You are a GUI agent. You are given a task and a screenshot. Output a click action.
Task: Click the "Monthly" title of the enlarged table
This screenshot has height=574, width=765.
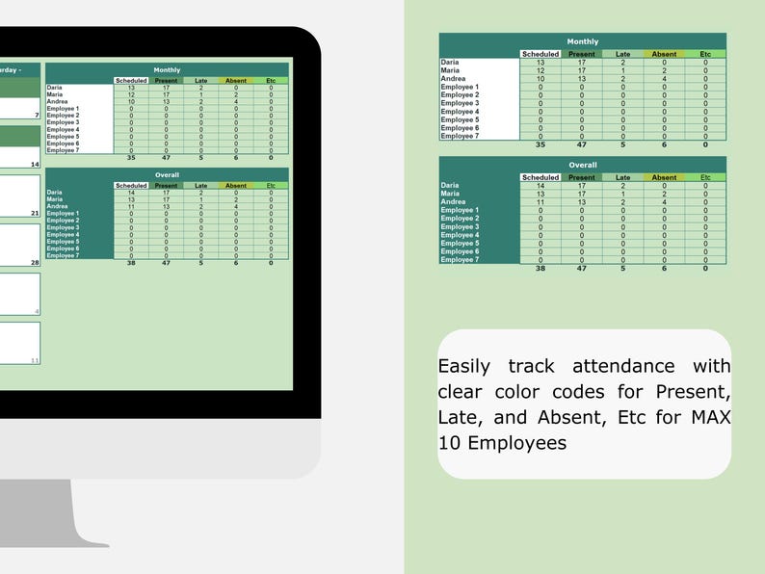click(582, 42)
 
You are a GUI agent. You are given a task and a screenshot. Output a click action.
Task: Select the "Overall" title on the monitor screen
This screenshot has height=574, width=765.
click(167, 175)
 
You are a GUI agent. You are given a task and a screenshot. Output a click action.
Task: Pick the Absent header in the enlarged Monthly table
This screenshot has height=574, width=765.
click(664, 54)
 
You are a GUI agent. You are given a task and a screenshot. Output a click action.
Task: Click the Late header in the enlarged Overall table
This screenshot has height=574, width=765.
click(623, 177)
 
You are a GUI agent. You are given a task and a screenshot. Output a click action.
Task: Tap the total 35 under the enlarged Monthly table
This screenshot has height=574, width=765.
click(541, 144)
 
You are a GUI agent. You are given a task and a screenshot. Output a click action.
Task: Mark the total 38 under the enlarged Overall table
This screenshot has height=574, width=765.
click(541, 268)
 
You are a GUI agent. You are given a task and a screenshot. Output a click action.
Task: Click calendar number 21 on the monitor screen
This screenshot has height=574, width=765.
click(35, 213)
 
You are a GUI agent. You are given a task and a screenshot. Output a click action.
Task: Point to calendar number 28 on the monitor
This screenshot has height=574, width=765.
click(35, 262)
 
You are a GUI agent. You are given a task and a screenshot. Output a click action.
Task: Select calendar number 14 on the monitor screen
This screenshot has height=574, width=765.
click(35, 165)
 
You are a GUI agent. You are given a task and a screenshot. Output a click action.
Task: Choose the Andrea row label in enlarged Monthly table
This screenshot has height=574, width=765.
click(453, 79)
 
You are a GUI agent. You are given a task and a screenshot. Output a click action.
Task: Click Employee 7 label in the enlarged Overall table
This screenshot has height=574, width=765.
click(460, 260)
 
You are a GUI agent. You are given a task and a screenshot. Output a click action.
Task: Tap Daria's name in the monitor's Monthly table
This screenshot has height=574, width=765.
click(55, 88)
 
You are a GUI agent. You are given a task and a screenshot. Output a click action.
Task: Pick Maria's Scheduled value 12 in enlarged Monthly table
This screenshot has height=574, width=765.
click(541, 70)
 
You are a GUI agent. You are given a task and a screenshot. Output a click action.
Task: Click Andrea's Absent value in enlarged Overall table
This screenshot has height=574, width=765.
click(664, 202)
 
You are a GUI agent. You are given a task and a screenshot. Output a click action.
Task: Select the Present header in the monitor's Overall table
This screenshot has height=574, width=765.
click(166, 186)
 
